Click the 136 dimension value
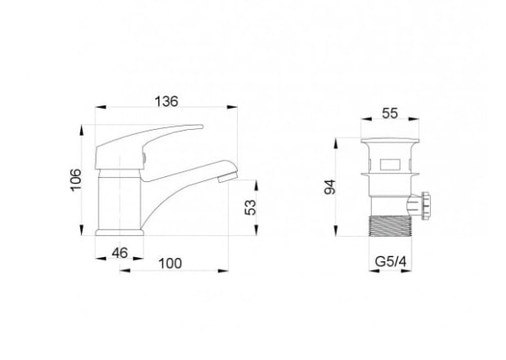tap(166, 101)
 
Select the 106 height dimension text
tap(76, 180)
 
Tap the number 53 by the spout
tap(250, 207)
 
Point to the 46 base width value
tap(120, 253)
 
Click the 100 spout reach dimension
tap(170, 264)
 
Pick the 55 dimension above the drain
tap(390, 113)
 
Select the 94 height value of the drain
tap(330, 187)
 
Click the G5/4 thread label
tap(390, 261)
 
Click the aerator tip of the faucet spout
tap(228, 177)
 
